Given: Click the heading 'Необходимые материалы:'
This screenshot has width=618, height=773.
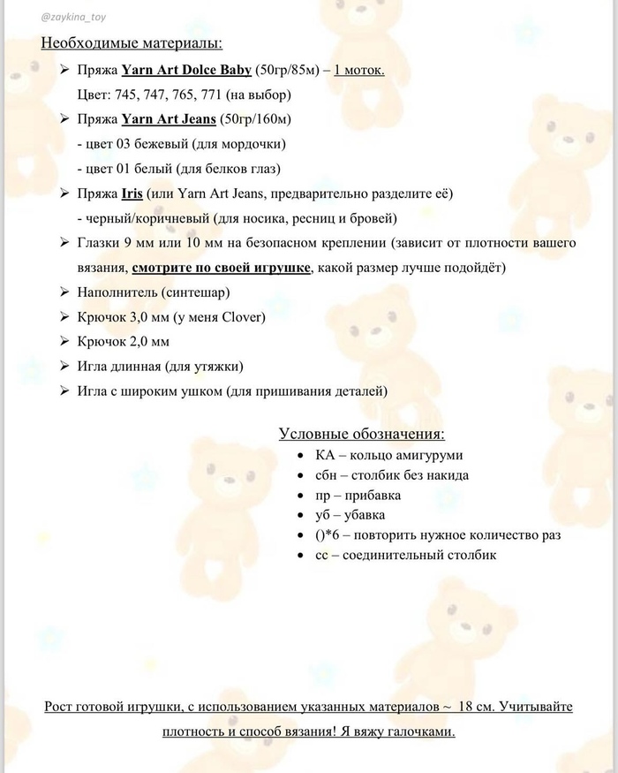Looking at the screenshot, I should (x=132, y=42).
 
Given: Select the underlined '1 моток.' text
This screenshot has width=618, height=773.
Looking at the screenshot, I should (x=359, y=70).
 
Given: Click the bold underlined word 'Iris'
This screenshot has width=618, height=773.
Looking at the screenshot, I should (x=132, y=193).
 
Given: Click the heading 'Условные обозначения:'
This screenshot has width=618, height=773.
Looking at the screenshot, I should (x=361, y=434).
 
